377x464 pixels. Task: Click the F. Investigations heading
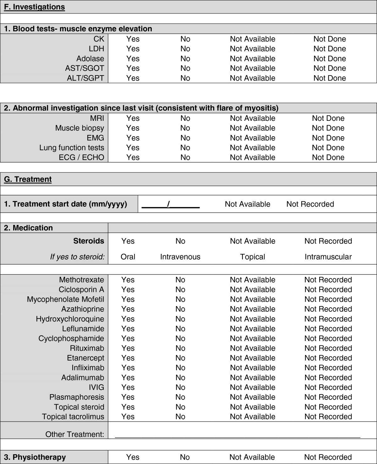point(34,7)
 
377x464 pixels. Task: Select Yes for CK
point(133,39)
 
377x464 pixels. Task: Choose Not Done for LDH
point(330,49)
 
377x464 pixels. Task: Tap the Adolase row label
point(90,59)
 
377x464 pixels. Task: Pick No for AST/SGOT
point(185,68)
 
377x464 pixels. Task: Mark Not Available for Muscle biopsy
point(252,128)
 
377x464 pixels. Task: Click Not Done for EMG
point(328,138)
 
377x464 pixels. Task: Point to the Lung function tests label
point(72,148)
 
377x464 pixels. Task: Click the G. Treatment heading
point(28,179)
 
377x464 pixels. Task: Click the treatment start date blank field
point(171,204)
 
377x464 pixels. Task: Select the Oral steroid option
point(128,257)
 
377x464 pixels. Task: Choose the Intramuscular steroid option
point(328,257)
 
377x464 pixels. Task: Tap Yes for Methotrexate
point(128,280)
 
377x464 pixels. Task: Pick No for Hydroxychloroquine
point(180,319)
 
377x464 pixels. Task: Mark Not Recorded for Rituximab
point(328,348)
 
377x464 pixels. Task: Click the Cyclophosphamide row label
point(71,338)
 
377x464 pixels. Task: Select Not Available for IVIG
point(252,387)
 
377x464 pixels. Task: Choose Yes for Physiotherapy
point(133,457)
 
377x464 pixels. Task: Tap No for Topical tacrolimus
point(180,416)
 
